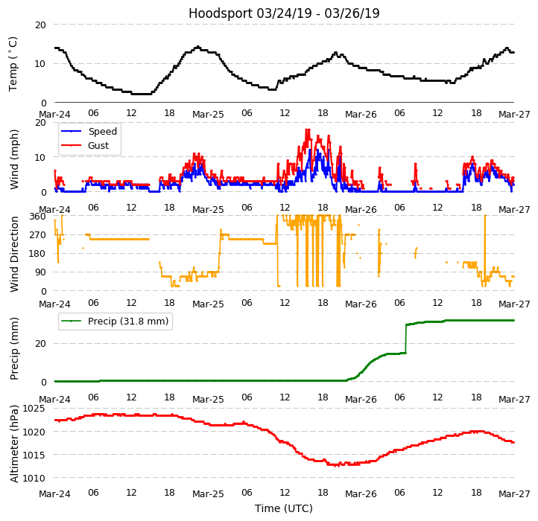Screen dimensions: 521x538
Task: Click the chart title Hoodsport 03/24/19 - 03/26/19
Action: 284,13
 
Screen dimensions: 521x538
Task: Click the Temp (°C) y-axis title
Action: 13,63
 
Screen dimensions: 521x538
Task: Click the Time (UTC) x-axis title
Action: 284,508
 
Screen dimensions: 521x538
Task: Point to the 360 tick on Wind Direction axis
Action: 38,217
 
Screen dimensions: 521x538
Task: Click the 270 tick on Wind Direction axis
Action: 38,235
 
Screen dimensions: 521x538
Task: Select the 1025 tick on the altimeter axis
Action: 34,409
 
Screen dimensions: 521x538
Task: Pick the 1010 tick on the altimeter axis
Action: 34,478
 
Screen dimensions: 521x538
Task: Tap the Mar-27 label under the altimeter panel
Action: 514,493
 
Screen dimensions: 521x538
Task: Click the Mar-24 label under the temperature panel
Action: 54,115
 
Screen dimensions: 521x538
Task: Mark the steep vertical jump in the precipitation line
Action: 405,339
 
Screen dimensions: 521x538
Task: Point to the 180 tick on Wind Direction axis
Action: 38,254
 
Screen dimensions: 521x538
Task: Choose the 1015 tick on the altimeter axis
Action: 34,455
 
